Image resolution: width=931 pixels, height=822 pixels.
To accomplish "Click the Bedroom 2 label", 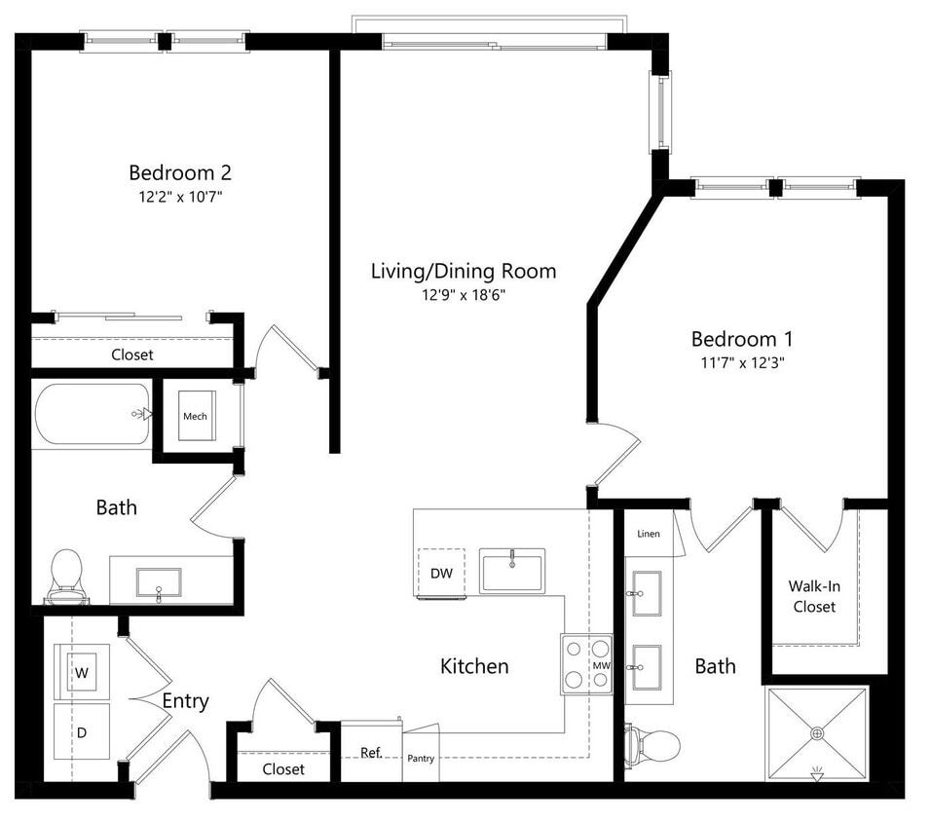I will [x=180, y=173].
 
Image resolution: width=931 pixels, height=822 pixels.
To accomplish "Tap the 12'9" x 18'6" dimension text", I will [x=464, y=295].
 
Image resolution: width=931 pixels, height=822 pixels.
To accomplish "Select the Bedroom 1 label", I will [x=741, y=339].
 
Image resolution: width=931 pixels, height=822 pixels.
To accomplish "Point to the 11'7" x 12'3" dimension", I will [x=742, y=363].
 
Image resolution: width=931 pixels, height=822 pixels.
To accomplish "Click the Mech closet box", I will [x=195, y=416].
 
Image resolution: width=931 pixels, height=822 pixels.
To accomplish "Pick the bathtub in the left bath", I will [x=93, y=414].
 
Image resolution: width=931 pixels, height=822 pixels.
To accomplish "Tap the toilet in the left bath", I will [x=65, y=576].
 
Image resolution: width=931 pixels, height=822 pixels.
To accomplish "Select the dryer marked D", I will [x=81, y=730].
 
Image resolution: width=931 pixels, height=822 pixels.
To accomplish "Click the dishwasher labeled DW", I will [x=441, y=573].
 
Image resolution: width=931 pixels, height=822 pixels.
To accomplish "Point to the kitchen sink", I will [x=511, y=569].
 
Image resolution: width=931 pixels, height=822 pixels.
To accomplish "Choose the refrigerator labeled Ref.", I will [x=371, y=753].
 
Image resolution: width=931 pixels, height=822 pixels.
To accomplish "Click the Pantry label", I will [x=421, y=759].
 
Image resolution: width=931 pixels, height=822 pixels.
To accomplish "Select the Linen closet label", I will [x=649, y=534].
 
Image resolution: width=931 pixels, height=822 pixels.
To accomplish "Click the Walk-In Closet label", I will [x=814, y=596].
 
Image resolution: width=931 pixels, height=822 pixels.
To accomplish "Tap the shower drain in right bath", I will [x=816, y=733].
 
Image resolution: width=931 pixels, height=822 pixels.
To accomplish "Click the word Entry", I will [x=185, y=700].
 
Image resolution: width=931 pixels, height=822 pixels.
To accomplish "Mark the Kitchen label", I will [x=474, y=666].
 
